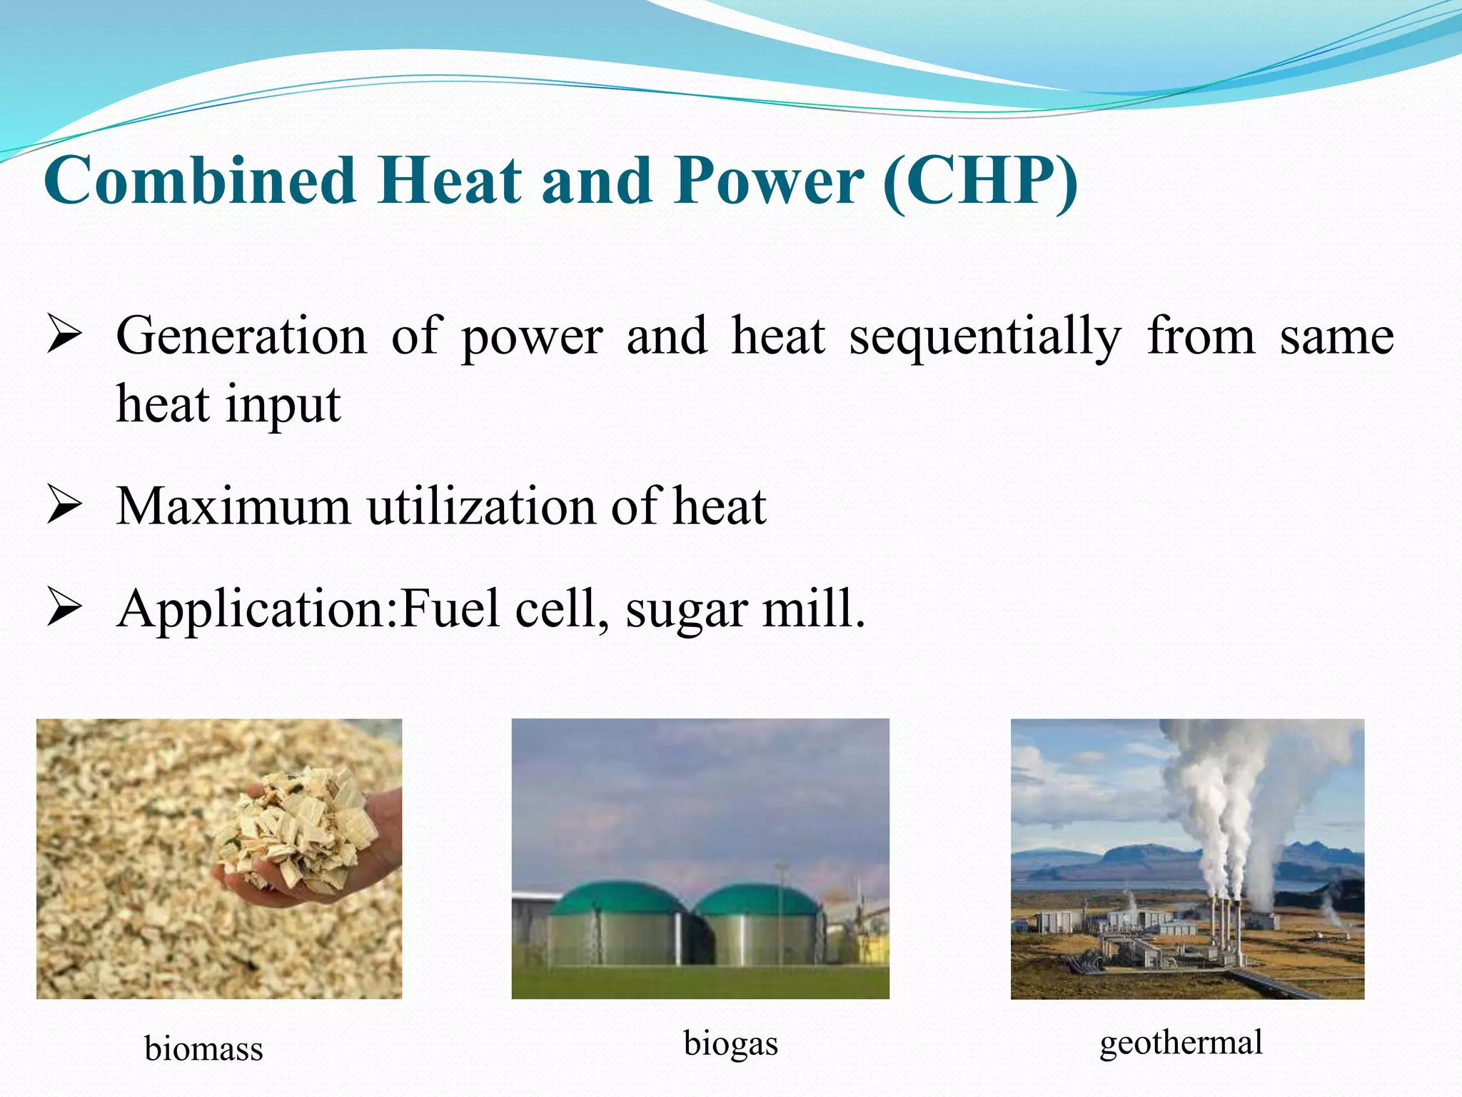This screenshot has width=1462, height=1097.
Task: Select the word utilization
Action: (x=482, y=507)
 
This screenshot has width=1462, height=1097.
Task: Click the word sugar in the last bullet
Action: (x=685, y=611)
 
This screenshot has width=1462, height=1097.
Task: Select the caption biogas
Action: (x=730, y=1043)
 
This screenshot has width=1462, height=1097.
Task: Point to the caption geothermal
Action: (x=1181, y=1042)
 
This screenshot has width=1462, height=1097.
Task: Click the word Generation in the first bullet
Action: (x=241, y=336)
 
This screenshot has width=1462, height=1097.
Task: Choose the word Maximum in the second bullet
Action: (x=233, y=507)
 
